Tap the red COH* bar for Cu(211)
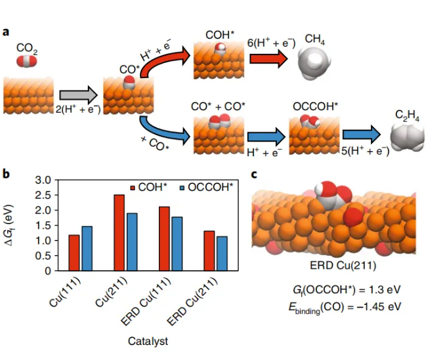pos(119,232)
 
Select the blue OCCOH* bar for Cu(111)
pos(86,248)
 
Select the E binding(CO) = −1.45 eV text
pos(339,305)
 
